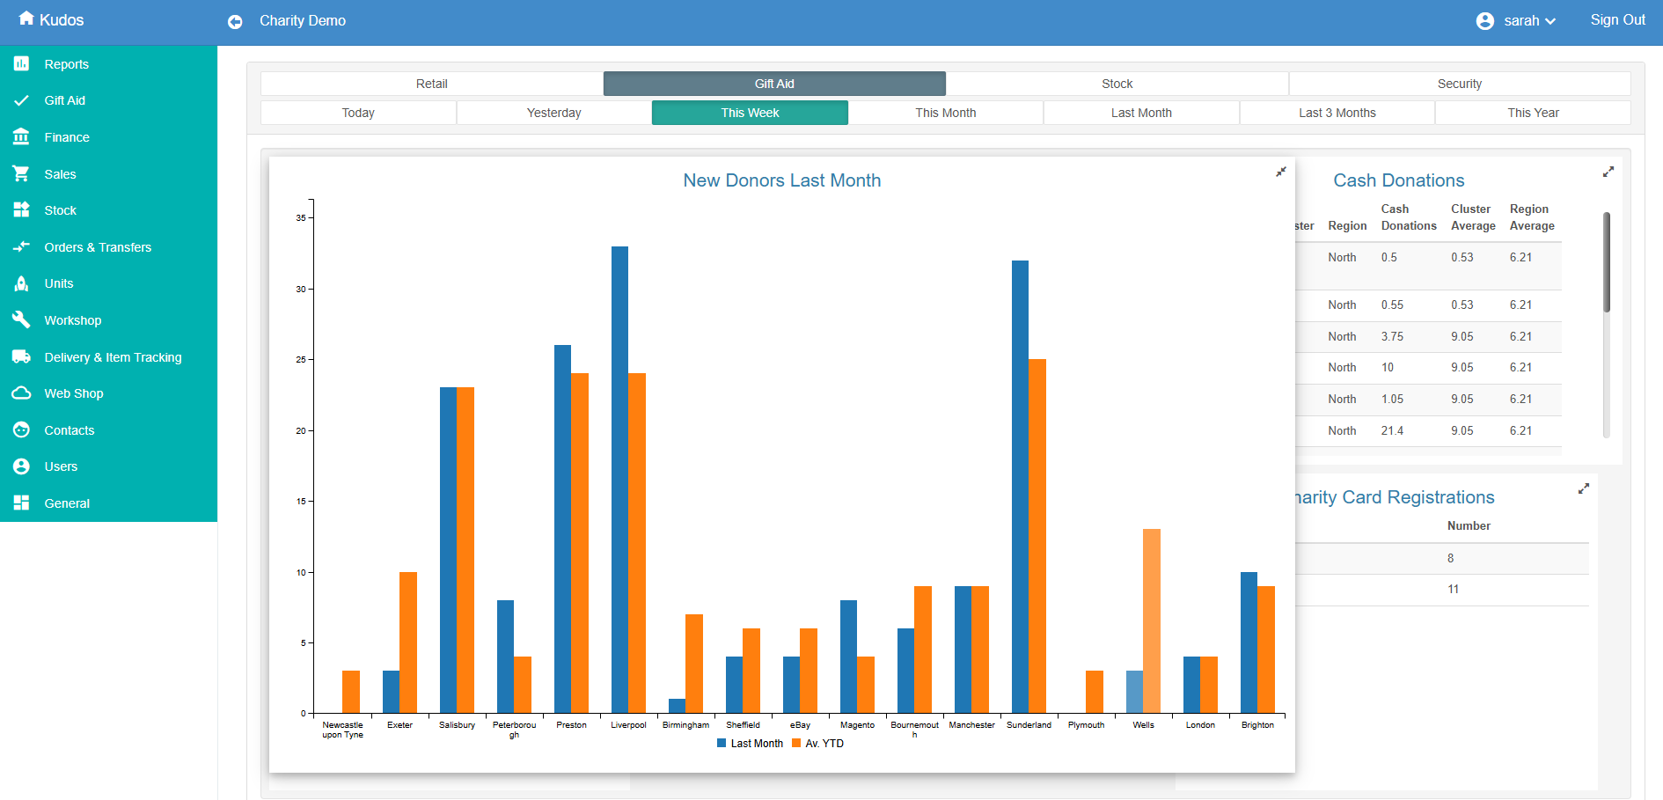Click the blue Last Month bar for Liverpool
619,480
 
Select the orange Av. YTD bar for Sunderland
1037,536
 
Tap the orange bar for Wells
1151,620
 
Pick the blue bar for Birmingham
677,706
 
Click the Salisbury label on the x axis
457,725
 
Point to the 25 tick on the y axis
301,360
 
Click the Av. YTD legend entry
818,744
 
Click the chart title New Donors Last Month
781,180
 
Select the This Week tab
750,113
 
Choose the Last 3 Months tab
1337,113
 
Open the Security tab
1459,84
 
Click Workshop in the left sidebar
72,320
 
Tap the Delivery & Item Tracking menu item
113,357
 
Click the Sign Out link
1617,20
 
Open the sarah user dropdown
1520,21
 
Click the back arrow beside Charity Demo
235,22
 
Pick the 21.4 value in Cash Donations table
1392,430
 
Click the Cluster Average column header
1472,217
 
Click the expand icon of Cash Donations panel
1608,172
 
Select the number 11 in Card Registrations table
1453,590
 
